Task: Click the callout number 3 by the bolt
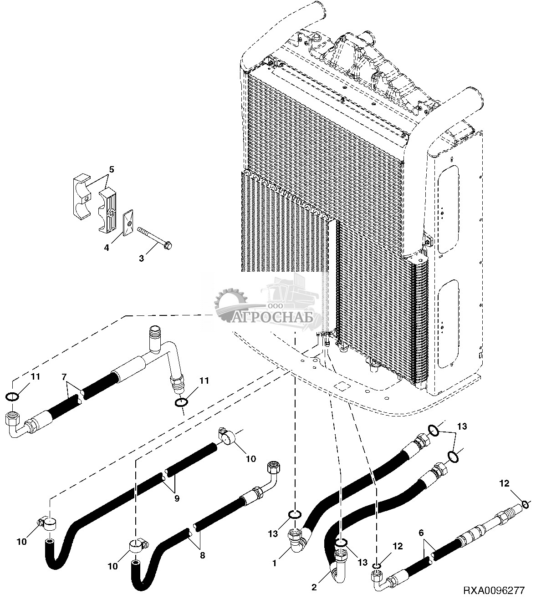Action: click(141, 259)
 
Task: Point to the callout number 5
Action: click(111, 170)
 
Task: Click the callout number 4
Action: click(107, 248)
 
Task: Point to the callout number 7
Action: click(64, 377)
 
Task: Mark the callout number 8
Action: click(203, 555)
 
